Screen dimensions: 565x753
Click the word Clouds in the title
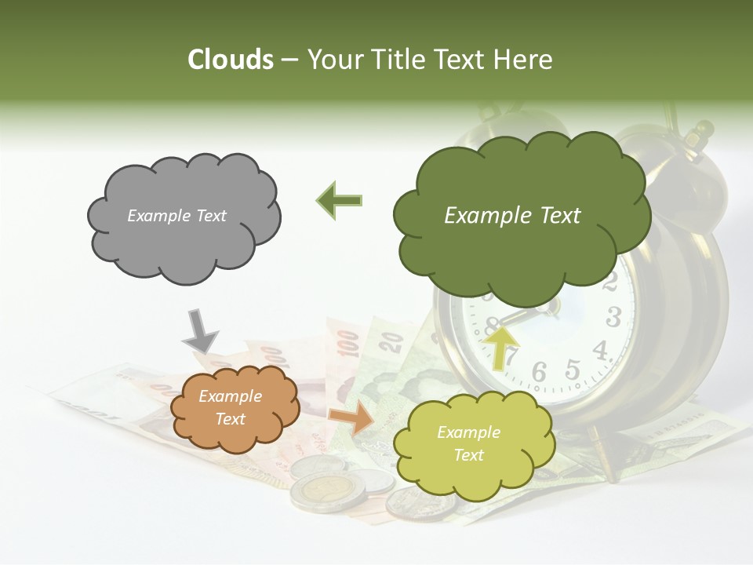click(x=231, y=60)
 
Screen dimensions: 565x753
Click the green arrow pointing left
click(x=340, y=200)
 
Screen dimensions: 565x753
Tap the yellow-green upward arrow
click(x=501, y=346)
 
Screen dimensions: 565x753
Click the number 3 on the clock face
click(x=613, y=317)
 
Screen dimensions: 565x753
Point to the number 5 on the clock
click(x=573, y=369)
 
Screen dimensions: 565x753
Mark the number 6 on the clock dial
click(x=540, y=373)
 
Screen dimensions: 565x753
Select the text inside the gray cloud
click(x=176, y=216)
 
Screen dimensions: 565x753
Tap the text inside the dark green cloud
click(x=512, y=216)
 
